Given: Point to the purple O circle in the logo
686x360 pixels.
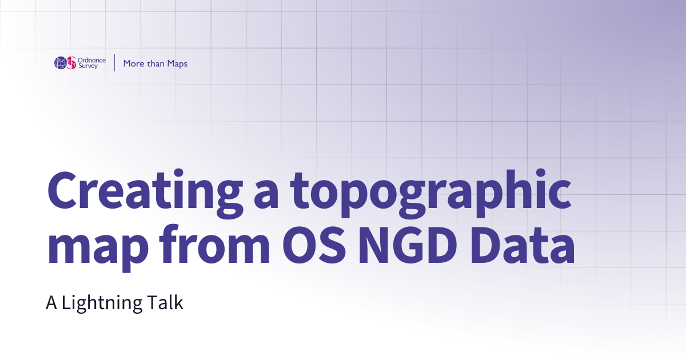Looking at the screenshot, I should point(60,63).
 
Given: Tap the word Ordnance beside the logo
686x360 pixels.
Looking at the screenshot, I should point(91,59).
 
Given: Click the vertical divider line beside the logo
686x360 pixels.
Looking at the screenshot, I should point(115,63).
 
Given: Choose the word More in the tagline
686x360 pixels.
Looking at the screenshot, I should point(134,63).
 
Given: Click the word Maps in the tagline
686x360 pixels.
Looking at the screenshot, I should point(177,63).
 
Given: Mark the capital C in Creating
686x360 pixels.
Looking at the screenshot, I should point(62,190).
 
